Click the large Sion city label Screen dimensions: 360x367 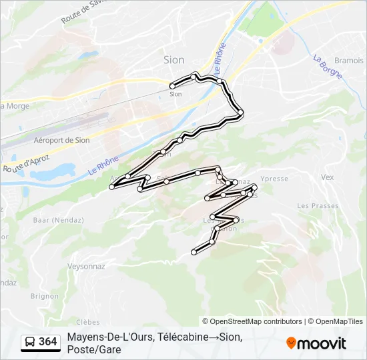[173, 60]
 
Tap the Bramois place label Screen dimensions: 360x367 [349, 60]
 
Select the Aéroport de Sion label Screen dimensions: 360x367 [61, 140]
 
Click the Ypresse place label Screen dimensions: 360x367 [274, 179]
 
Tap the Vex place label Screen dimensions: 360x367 [327, 177]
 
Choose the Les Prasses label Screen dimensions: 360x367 [318, 206]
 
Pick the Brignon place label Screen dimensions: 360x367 [45, 296]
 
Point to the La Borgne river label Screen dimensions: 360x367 [327, 66]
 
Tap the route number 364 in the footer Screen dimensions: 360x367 [47, 342]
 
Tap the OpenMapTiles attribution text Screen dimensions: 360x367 [339, 321]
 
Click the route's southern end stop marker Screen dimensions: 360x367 [194, 252]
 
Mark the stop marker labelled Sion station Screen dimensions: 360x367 [172, 86]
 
